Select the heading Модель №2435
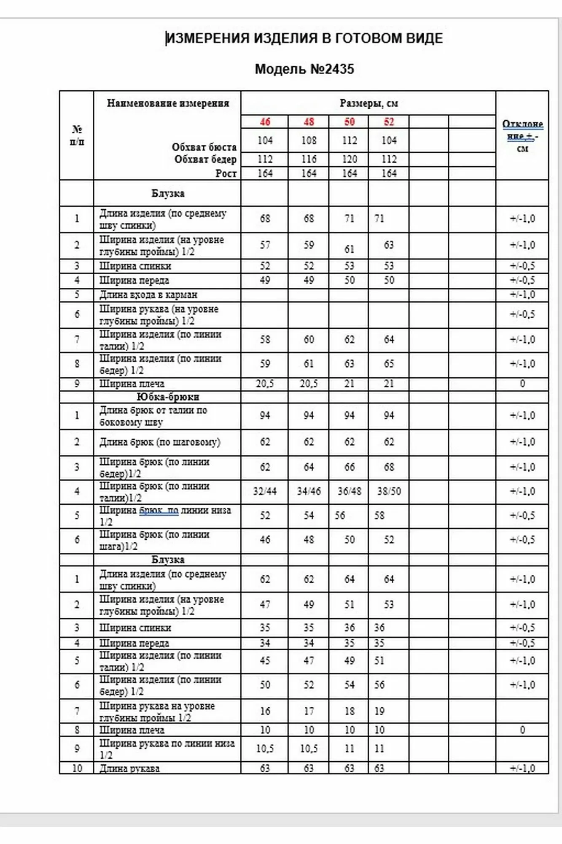point(304,69)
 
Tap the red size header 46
point(265,122)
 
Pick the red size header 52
point(389,122)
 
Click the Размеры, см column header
point(368,103)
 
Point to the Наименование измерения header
point(167,103)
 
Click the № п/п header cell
point(77,135)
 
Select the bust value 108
point(309,141)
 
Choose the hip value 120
point(349,159)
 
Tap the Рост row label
point(226,173)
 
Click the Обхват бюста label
point(204,147)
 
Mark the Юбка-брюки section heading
point(167,397)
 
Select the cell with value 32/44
point(265,491)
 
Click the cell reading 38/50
point(389,491)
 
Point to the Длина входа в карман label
point(148,295)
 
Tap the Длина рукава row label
point(129,768)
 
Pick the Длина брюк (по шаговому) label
point(160,442)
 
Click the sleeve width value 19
point(379,711)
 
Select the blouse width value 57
point(265,245)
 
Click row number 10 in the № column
point(77,768)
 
